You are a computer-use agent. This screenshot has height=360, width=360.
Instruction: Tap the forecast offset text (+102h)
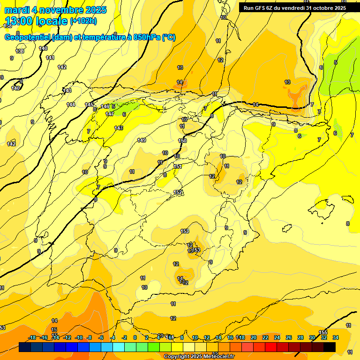pos(83,21)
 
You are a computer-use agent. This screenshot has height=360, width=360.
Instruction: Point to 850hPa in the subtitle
pos(146,37)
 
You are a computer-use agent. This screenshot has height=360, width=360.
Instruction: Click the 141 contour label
pos(51,58)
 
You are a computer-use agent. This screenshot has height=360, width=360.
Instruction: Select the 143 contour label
pos(67,90)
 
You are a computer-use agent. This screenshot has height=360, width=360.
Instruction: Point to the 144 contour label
pos(71,105)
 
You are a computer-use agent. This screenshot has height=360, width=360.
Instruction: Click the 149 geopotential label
pos(142,140)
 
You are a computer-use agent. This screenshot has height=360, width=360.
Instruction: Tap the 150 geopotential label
pos(183,141)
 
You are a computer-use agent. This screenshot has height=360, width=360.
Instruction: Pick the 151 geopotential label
pos(178,166)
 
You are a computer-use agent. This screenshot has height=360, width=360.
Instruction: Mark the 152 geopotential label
pos(178,192)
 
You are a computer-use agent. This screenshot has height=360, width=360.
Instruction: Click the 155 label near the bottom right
pos(323,332)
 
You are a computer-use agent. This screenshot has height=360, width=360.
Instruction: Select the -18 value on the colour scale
pos(32,337)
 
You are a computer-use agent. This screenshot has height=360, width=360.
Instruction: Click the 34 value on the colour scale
pos(336,337)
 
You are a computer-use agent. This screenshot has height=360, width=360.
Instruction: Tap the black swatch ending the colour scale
pos(330,347)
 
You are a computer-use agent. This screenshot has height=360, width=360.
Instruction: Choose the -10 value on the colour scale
pos(79,337)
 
